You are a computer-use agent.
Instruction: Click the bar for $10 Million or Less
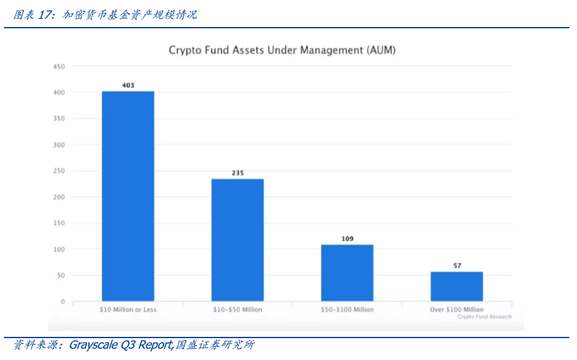coord(128,196)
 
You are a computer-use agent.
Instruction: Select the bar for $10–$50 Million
coord(238,240)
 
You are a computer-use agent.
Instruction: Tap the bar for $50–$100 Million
coord(347,273)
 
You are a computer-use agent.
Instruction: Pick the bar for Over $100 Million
coord(457,286)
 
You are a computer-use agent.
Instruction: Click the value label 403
coord(128,85)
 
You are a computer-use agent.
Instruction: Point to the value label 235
coord(238,173)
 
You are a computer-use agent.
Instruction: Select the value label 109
coord(347,239)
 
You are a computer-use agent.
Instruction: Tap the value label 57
coord(457,265)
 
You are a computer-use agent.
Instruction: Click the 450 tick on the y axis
coord(59,66)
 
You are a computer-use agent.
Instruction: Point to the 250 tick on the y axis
coord(59,171)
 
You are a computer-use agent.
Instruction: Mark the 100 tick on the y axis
coord(59,249)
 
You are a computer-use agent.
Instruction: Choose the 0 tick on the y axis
coord(62,301)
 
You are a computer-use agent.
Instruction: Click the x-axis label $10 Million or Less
coord(128,310)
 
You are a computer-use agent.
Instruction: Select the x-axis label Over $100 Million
coord(456,310)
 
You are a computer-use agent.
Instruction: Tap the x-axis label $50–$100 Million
coord(347,310)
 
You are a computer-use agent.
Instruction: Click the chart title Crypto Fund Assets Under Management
coord(281,50)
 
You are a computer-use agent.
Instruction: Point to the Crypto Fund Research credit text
coord(484,316)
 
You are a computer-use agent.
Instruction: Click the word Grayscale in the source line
coord(94,345)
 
